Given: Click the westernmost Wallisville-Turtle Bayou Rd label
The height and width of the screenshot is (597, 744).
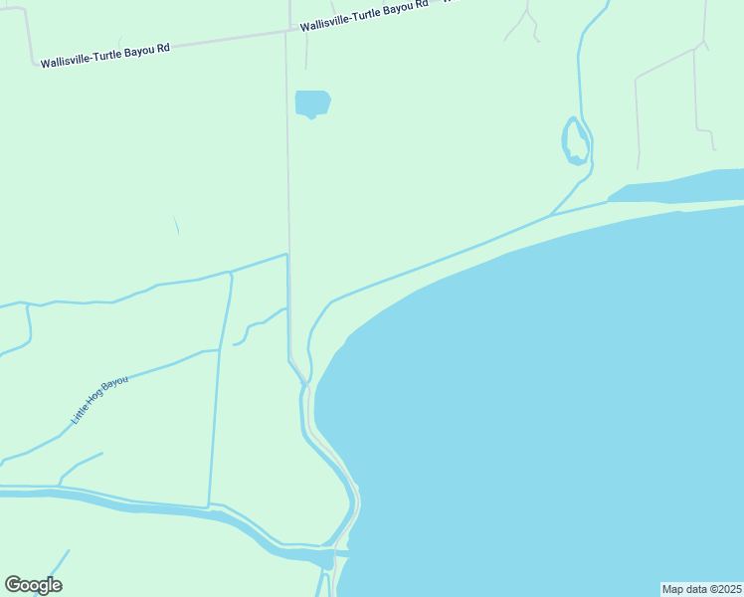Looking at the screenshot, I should coord(105,55).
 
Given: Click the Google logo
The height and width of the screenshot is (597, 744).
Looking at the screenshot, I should coord(33,585).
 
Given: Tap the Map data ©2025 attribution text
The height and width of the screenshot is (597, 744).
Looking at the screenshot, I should coord(701,589).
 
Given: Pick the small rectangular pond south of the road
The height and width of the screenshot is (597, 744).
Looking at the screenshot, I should coord(311,102).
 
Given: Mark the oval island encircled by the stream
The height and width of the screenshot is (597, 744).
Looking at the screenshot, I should coord(575,140).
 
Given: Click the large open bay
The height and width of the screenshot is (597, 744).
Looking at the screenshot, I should coord(557,398).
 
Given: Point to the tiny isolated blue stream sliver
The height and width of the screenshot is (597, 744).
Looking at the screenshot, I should coord(176,225).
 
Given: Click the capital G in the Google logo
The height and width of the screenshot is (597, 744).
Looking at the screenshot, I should coord(14,584).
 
